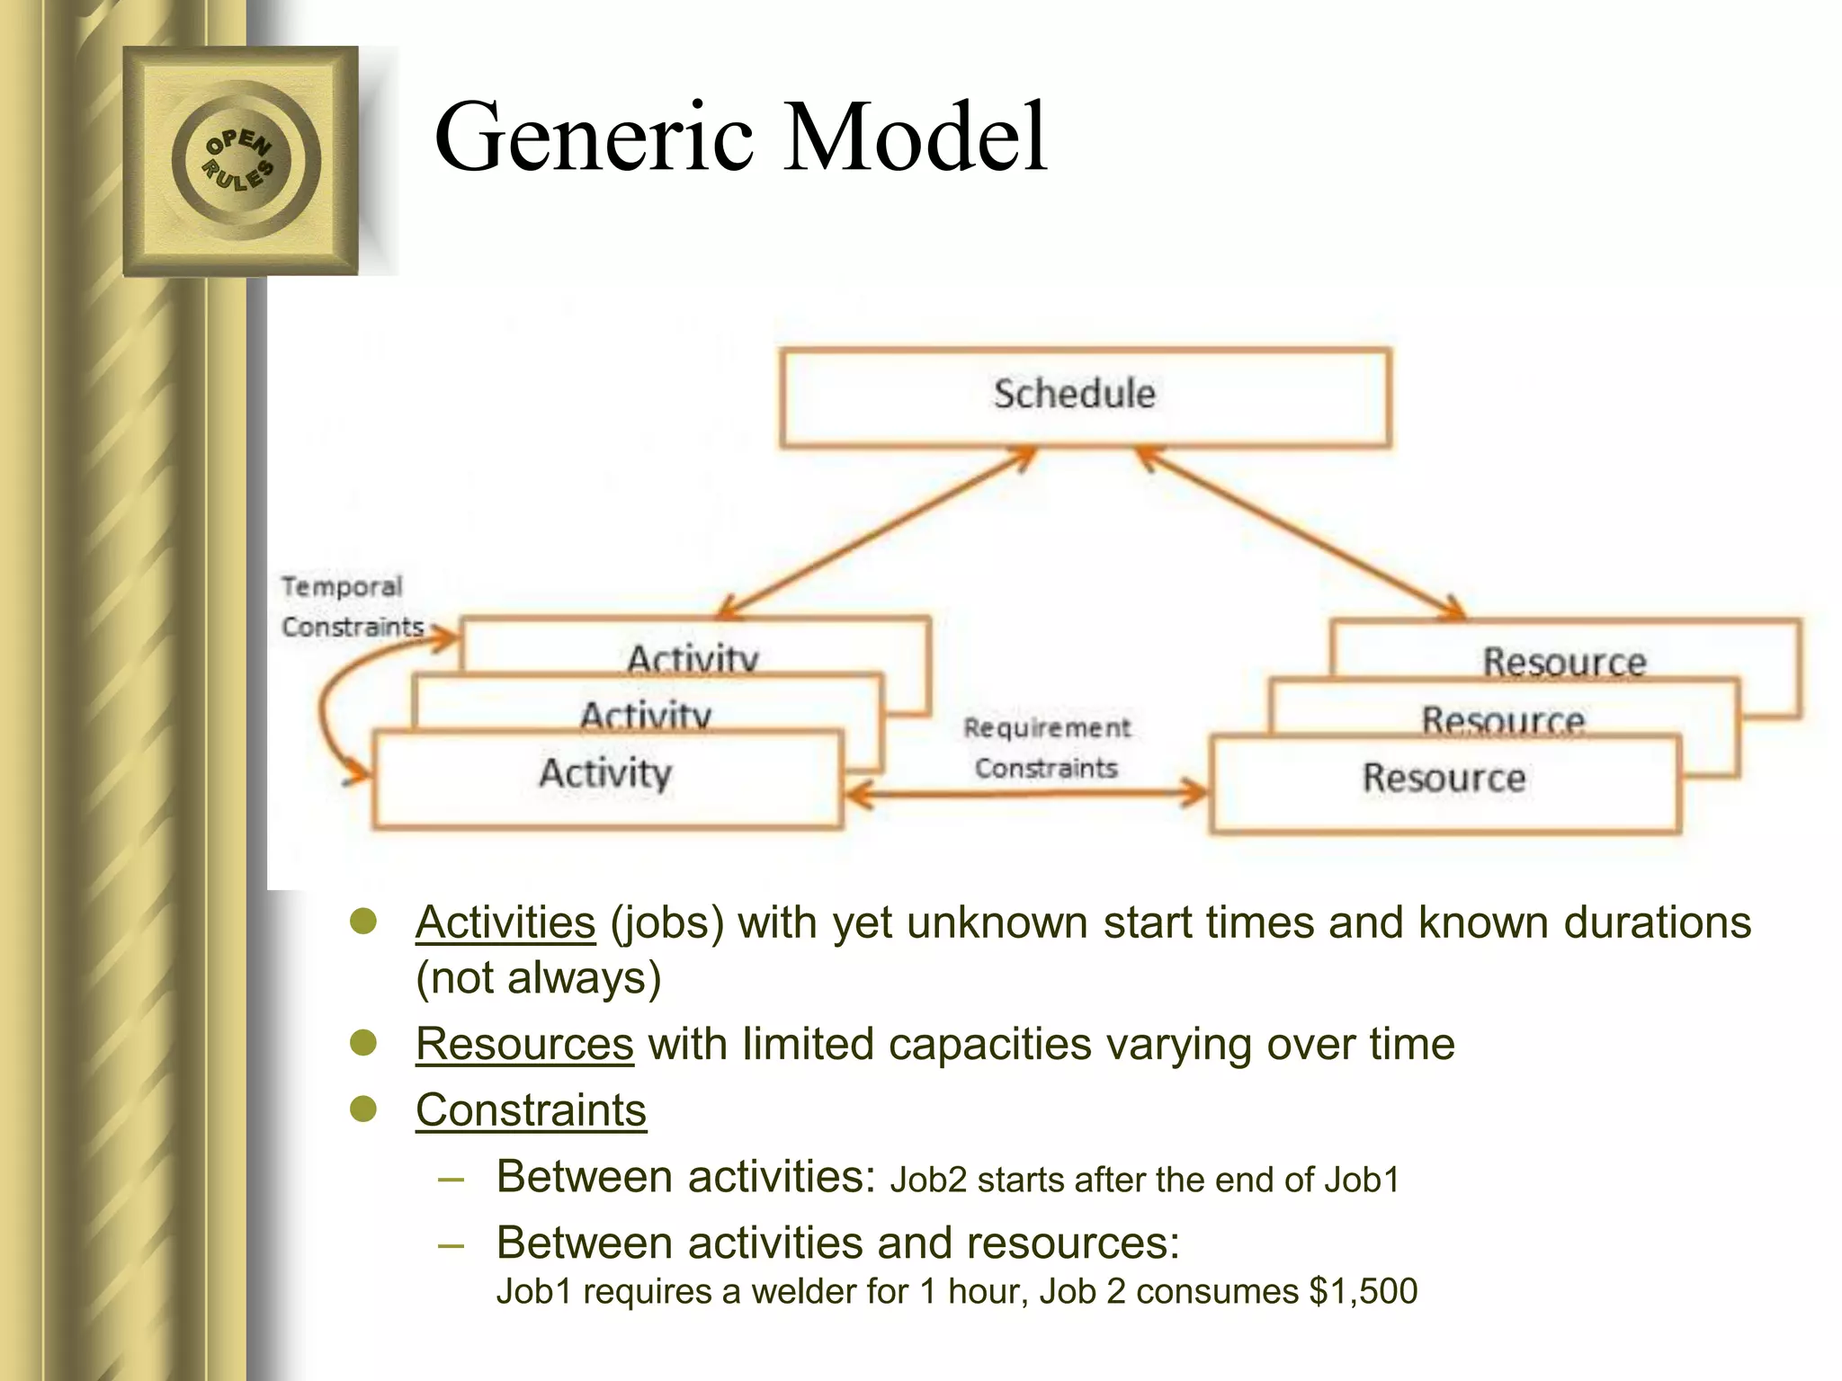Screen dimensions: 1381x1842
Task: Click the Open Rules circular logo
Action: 240,160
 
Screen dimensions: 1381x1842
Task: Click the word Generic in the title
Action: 595,138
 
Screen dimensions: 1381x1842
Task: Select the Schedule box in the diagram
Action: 1085,396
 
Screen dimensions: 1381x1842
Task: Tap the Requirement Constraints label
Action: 1046,747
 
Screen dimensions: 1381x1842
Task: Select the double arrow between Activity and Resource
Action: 1025,793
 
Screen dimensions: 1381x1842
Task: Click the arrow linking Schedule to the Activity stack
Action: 877,532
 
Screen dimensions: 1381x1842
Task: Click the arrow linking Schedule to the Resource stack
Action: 1300,532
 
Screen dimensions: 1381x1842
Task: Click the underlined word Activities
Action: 505,923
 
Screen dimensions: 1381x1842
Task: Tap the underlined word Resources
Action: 524,1045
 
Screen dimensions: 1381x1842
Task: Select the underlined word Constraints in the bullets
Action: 531,1110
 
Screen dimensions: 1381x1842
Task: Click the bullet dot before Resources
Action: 363,1043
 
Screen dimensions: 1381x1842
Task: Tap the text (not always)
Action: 538,978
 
